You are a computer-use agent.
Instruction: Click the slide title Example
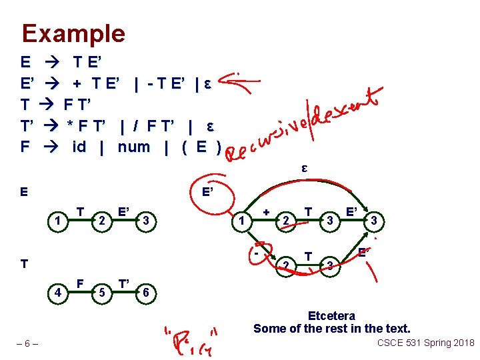coord(73,33)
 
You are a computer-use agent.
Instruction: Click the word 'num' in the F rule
coord(134,147)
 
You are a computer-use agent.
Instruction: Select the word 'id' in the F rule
coord(79,147)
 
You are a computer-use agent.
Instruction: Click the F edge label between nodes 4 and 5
coord(80,282)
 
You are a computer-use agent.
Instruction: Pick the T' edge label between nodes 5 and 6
coord(124,282)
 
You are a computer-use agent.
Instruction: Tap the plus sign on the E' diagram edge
coord(265,212)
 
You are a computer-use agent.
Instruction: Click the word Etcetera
coord(331,315)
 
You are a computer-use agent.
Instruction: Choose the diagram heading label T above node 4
coord(25,263)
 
